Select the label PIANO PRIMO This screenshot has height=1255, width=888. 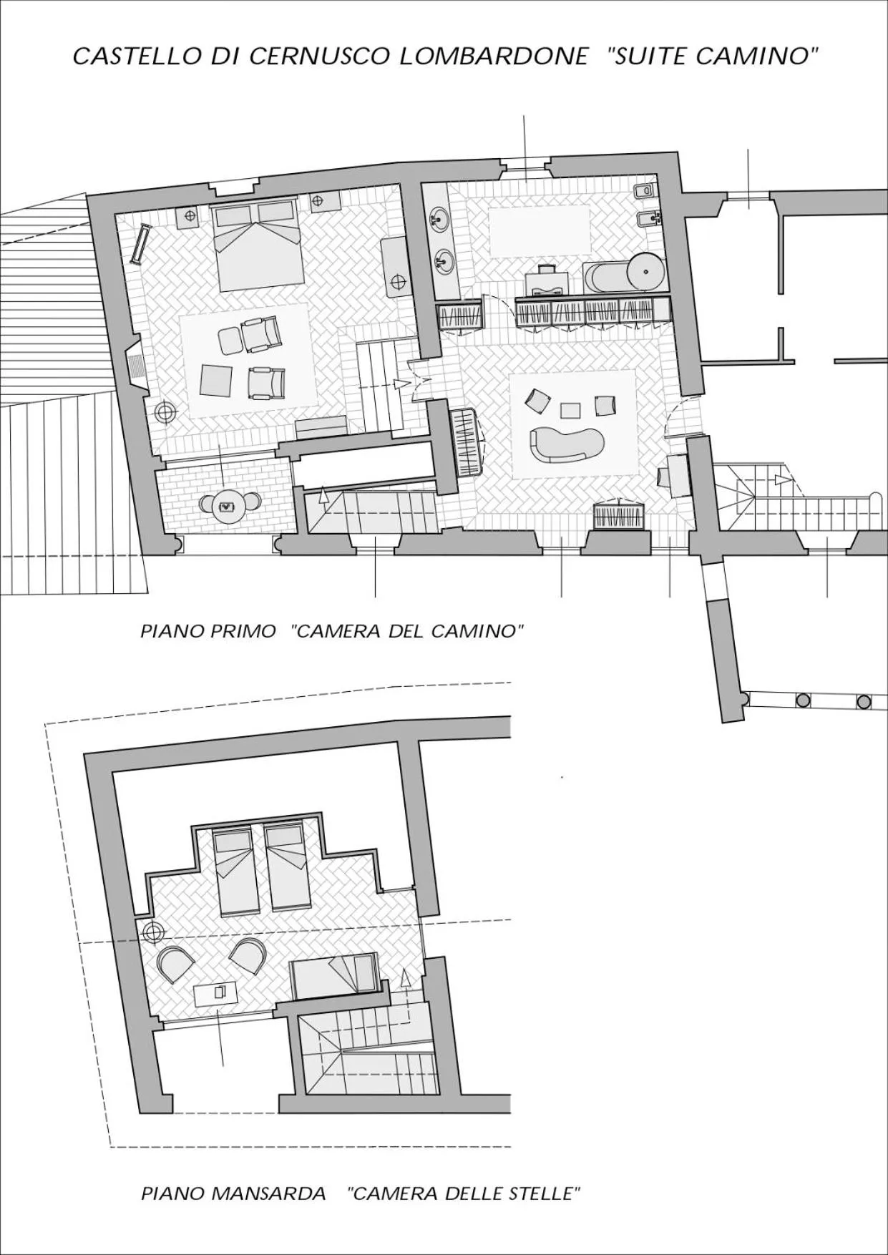[x=208, y=631]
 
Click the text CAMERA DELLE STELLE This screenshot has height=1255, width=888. [x=463, y=1193]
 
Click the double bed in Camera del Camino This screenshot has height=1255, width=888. [x=256, y=245]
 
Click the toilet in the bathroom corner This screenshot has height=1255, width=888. [x=643, y=192]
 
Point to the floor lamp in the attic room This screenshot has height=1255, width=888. [x=152, y=932]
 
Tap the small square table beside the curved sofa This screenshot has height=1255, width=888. [x=570, y=410]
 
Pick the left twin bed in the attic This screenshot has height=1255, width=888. [x=236, y=871]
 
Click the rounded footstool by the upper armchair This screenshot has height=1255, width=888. [x=230, y=340]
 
